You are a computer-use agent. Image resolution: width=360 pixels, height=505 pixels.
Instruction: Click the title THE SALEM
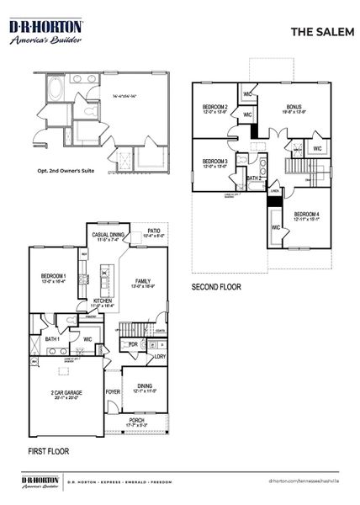[315, 31]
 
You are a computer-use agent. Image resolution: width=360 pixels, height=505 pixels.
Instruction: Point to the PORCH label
[135, 420]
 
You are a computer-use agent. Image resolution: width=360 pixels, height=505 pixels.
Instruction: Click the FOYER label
[112, 391]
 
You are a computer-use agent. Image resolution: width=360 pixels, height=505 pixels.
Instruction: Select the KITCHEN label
[103, 300]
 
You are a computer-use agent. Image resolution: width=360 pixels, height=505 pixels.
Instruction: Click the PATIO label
[154, 230]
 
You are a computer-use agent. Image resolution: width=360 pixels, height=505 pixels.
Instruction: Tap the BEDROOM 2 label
[214, 108]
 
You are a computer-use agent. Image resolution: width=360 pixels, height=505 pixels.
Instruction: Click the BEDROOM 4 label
[306, 215]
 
